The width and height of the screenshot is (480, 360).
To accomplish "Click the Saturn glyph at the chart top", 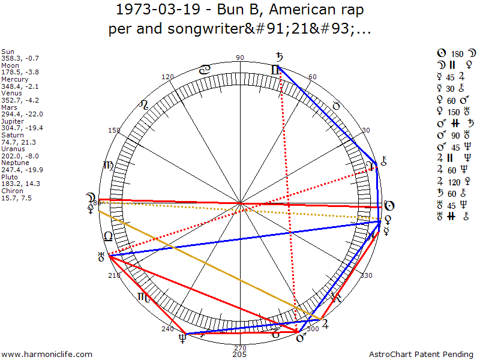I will pyautogui.click(x=279, y=58).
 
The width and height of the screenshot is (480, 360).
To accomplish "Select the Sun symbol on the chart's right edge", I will pyautogui.click(x=389, y=206).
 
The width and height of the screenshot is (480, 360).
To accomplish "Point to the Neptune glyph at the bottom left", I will pyautogui.click(x=181, y=340).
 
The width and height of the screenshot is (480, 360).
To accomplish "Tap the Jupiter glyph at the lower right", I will pyautogui.click(x=325, y=325).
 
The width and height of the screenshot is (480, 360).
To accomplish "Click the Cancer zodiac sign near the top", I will pyautogui.click(x=205, y=70).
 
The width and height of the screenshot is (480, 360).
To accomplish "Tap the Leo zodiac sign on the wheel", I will pyautogui.click(x=144, y=105).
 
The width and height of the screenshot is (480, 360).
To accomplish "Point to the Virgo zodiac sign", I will pyautogui.click(x=109, y=166).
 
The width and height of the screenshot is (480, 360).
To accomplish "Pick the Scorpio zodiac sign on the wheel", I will pyautogui.click(x=143, y=296).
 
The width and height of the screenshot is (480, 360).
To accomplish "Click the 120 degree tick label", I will pyautogui.click(x=168, y=77).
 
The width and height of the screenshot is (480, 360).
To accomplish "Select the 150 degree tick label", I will pyautogui.click(x=114, y=130).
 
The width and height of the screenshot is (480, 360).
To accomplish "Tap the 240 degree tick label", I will pyautogui.click(x=167, y=329).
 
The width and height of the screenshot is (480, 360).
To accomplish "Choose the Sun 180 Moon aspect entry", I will pyautogui.click(x=451, y=53).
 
